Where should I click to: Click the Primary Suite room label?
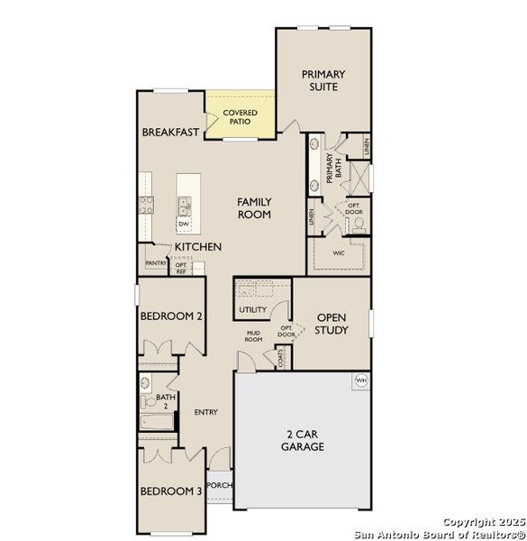323,80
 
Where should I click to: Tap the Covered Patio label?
241,118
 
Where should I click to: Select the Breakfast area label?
170,133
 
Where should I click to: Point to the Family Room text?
255,208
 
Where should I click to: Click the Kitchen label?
198,246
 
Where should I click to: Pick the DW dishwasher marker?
184,224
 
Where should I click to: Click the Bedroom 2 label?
170,316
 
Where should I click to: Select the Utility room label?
253,310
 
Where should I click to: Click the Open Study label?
332,324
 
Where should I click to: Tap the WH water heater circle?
361,380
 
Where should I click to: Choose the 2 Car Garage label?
302,440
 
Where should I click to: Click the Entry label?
205,412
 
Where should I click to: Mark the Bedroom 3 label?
170,491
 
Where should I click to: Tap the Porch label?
219,485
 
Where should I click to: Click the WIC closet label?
339,253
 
